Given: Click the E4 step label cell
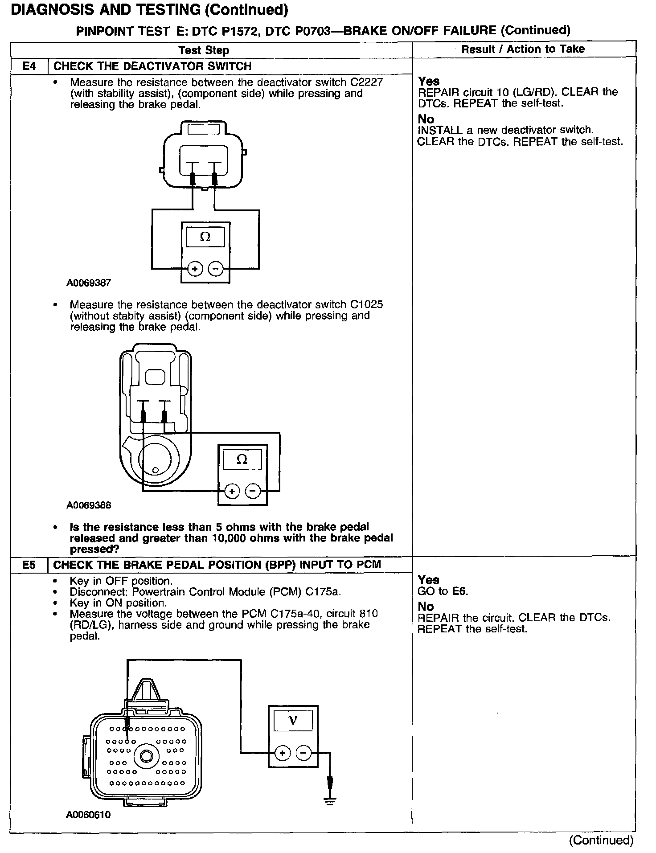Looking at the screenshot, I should tap(29, 66).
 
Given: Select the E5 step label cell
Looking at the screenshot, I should tap(29, 565).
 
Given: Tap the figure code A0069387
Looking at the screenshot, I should tap(89, 283).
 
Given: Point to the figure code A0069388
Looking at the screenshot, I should tap(89, 505).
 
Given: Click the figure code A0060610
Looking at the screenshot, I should tap(88, 815).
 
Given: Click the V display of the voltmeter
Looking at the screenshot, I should tap(293, 721).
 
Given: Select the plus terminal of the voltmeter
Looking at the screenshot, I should tap(282, 753).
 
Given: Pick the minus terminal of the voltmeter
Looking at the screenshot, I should tap(303, 753).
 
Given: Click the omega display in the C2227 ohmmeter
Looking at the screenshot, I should tap(205, 237).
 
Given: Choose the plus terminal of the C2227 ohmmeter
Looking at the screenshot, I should tap(195, 269).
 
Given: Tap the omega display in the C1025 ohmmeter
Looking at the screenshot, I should tap(242, 459).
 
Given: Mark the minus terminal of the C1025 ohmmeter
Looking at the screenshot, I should tap(253, 491).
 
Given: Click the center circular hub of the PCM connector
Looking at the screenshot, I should tap(146, 756).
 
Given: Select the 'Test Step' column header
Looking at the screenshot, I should tap(204, 50).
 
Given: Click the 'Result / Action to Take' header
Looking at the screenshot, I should tap(523, 49).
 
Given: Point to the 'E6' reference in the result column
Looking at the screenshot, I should tap(460, 591).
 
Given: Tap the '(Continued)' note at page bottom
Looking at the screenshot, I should tap(601, 840).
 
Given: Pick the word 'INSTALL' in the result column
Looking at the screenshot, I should tap(440, 130).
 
